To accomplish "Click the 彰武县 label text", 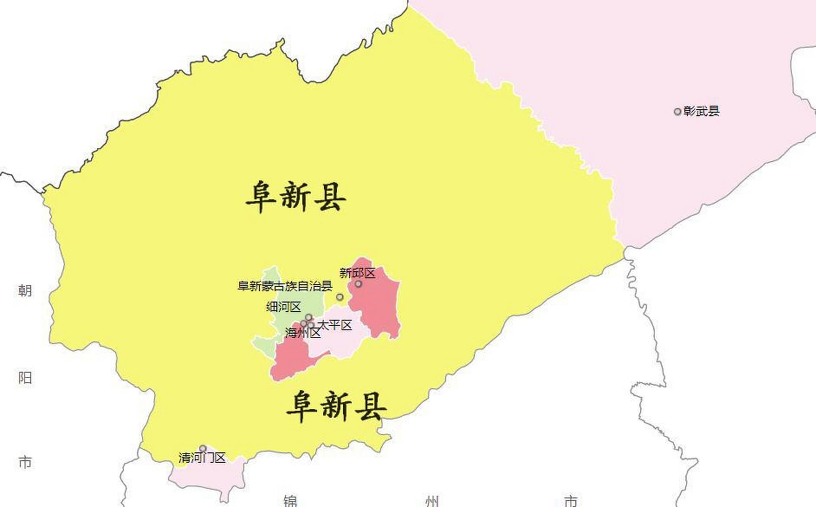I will [x=701, y=111].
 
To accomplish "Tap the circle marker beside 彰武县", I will [x=677, y=112].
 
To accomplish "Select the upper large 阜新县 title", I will [x=296, y=197].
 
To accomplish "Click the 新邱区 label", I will [x=357, y=273].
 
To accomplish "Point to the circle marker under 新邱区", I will [x=358, y=284].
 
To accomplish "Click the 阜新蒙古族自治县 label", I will [x=285, y=286].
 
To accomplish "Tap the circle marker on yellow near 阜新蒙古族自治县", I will [x=340, y=297].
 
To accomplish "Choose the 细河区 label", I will [x=283, y=307].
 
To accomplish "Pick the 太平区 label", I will [x=335, y=325].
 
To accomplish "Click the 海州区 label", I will [x=303, y=334].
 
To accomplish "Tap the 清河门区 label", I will [x=202, y=458].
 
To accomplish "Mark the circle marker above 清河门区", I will [x=203, y=448].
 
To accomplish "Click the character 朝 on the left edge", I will [x=25, y=291].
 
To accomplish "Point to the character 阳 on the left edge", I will [x=25, y=377].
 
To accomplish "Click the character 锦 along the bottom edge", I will [x=290, y=501].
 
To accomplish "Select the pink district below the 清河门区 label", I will [x=210, y=477].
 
